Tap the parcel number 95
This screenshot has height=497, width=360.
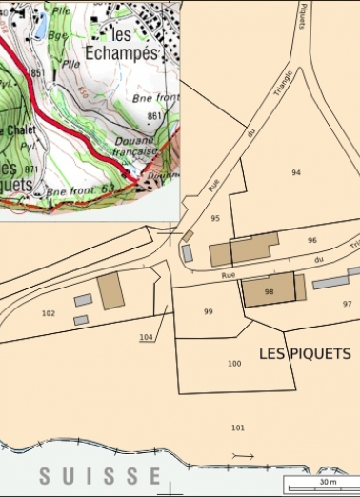coord(215,219)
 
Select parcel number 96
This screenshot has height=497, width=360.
coord(311,240)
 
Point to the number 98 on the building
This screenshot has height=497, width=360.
coord(270,291)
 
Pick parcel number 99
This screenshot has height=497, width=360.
coord(209,311)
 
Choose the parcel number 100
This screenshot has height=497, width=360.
coord(234,364)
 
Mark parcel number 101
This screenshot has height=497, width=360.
coord(237,427)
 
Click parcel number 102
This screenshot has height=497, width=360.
coord(49,312)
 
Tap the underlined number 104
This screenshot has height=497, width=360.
coord(146,338)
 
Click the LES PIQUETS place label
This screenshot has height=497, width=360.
coord(305,353)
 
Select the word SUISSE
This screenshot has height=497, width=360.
coord(100,475)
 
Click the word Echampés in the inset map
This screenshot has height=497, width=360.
coord(121,53)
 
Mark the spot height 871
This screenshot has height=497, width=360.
coord(31,169)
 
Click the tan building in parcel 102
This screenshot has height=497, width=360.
coord(111,289)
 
